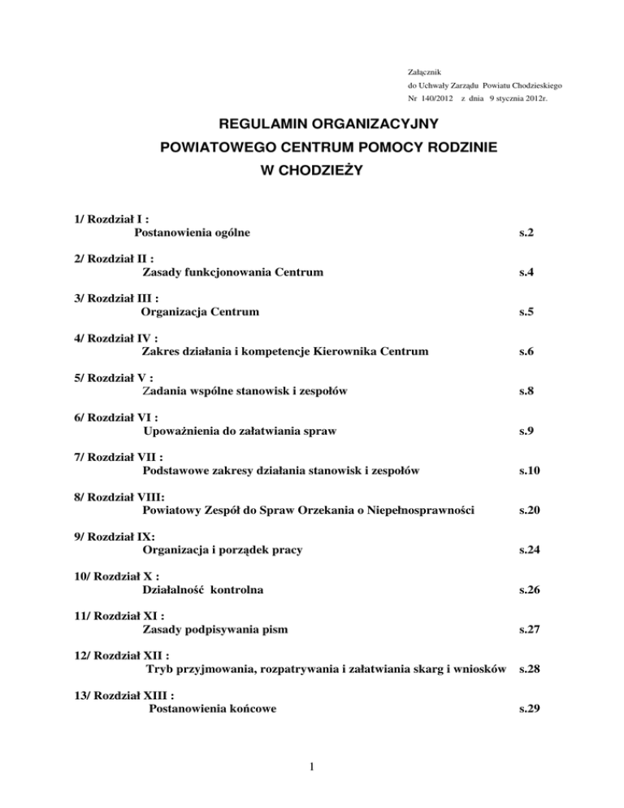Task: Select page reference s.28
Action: coord(518,669)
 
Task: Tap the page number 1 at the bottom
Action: coord(311,786)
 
